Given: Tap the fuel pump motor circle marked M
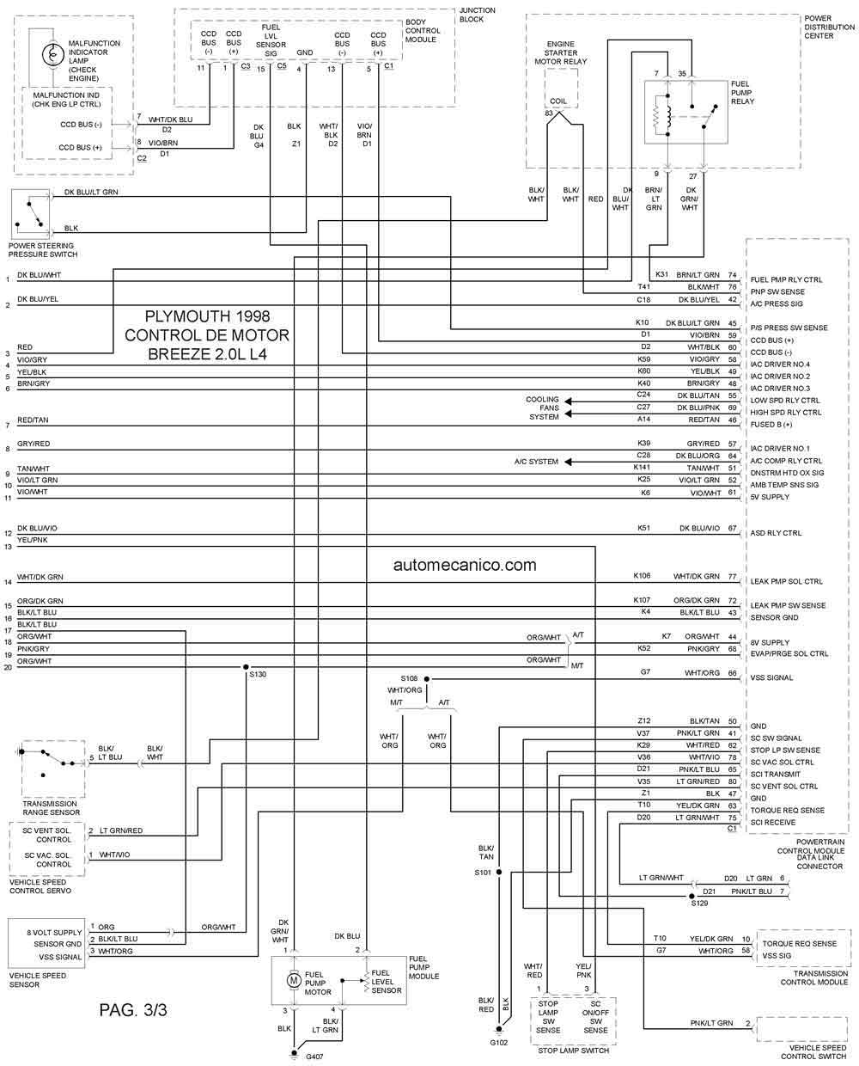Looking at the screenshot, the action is click(294, 979).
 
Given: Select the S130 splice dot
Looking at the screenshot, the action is click(246, 667).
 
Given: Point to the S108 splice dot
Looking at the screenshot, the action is click(427, 678).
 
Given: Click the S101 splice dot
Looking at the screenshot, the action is click(499, 872).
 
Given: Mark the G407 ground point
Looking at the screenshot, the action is click(294, 1052).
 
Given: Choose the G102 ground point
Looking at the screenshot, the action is click(499, 1029).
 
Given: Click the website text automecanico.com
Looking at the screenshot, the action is click(465, 565).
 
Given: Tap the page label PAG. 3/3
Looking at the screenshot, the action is click(133, 1009).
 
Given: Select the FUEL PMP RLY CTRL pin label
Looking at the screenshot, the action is click(786, 280).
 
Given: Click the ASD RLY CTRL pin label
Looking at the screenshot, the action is click(776, 533).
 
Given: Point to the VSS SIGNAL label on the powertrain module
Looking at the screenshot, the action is click(771, 677).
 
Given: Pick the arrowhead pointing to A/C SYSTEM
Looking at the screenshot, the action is click(568, 462).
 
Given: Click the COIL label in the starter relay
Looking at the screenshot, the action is click(558, 101).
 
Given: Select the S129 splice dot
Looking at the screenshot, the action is click(691, 896).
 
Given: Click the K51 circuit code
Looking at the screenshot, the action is click(643, 528).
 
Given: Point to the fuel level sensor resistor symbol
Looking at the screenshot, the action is click(367, 981).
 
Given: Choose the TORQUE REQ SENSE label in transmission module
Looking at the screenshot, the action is click(799, 944).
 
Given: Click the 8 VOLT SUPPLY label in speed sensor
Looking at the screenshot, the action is click(54, 932).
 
